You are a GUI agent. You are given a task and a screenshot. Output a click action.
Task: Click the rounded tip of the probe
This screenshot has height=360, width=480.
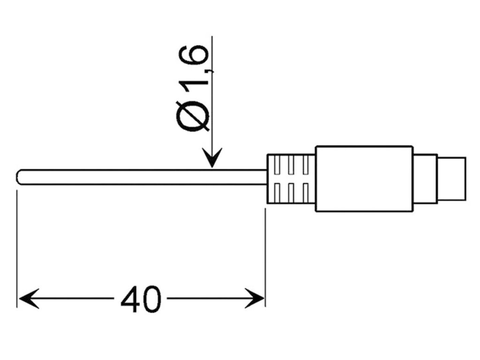click(19, 177)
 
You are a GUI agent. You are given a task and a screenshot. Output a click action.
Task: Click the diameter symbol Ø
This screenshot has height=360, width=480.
click(193, 115)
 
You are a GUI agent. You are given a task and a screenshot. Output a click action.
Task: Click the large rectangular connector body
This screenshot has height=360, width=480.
click(364, 178)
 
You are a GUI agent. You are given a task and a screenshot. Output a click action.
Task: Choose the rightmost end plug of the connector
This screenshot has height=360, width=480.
click(452, 178)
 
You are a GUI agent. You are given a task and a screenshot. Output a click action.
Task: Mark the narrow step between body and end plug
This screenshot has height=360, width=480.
click(425, 178)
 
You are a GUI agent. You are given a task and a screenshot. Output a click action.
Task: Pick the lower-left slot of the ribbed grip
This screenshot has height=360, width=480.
click(277, 191)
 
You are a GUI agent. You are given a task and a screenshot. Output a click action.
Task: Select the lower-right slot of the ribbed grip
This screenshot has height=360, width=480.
click(306, 191)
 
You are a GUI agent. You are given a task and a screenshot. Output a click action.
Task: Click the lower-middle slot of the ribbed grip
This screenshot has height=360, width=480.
click(292, 191)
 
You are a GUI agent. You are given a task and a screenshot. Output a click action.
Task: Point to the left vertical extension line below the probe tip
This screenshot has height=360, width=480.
click(17, 244)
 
